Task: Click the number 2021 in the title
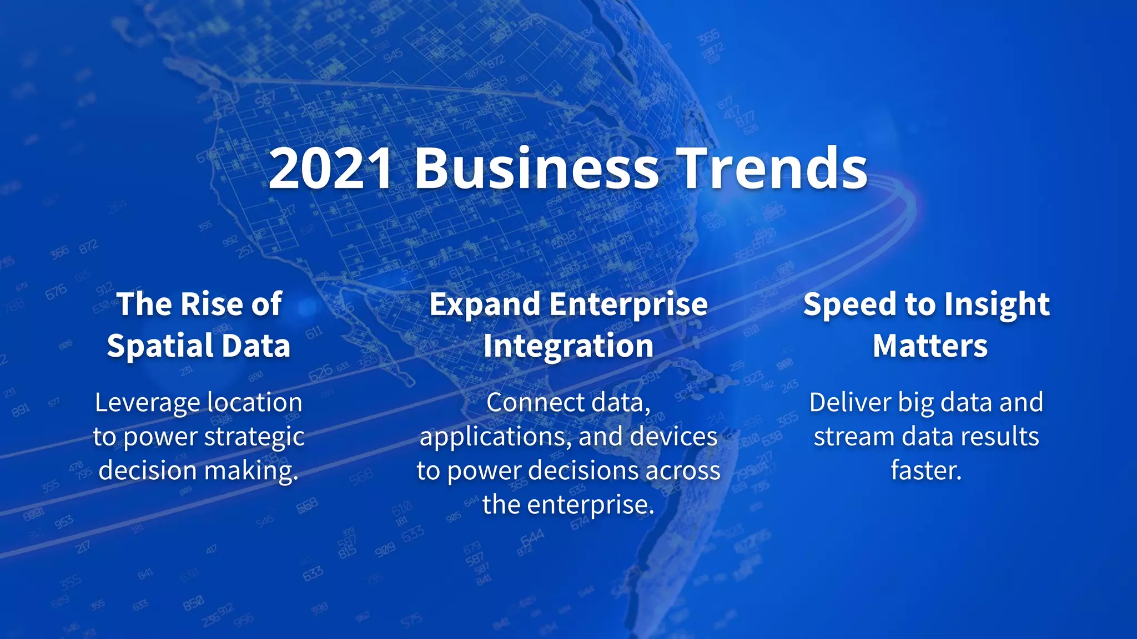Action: [x=331, y=168]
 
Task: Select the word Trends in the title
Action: [x=773, y=168]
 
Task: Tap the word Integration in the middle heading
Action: [x=568, y=346]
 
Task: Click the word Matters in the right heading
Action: [x=930, y=346]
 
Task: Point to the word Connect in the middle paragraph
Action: [x=527, y=403]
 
